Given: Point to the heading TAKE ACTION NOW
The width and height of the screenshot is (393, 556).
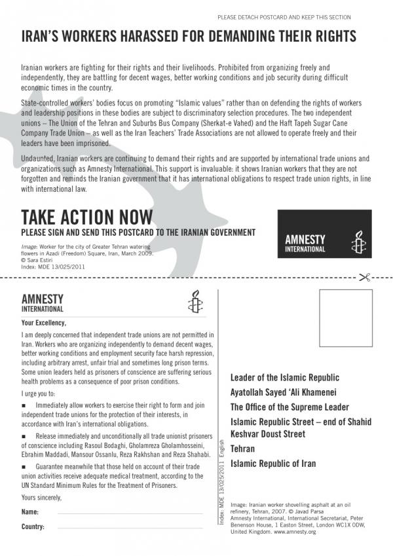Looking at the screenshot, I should click(87, 217).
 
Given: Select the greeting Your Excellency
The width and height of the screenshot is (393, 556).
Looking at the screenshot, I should click(43, 322).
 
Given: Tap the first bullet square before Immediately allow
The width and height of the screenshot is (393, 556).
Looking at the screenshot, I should click(24, 406).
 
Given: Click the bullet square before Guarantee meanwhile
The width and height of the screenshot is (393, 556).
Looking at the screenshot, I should click(24, 466).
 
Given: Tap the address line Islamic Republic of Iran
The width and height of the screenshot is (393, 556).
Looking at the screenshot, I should click(273, 464).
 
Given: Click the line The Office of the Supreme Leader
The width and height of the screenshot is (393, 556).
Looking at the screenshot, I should click(290, 407).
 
